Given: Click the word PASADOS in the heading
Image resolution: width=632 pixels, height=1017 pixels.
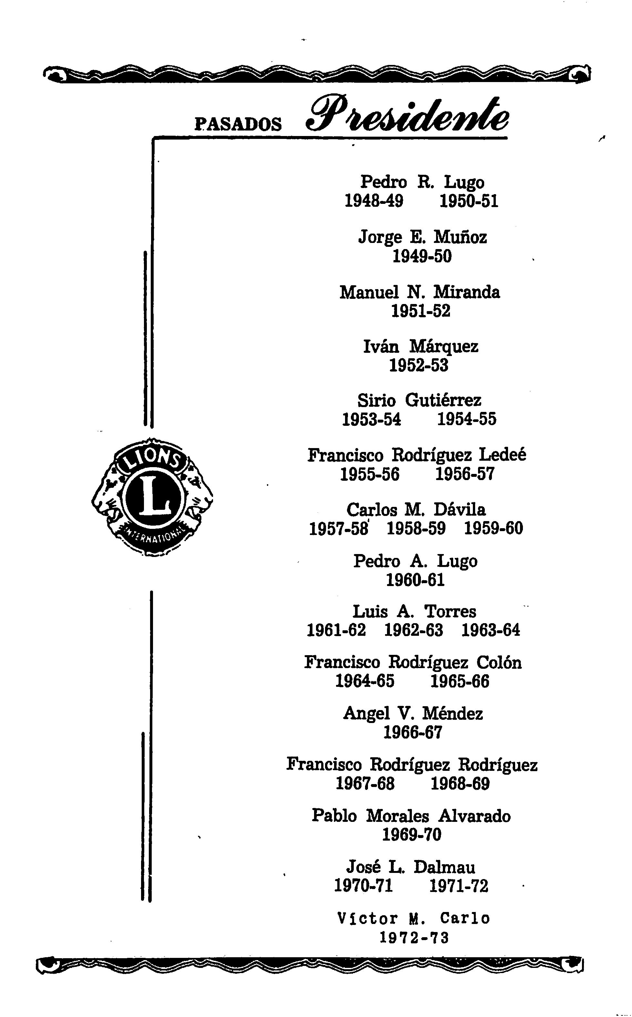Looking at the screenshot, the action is tap(238, 124).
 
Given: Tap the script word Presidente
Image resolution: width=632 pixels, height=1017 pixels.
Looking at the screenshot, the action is tap(408, 115).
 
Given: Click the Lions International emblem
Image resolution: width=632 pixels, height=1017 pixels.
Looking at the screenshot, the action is tap(152, 498).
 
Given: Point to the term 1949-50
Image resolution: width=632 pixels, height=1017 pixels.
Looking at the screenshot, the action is tap(422, 256).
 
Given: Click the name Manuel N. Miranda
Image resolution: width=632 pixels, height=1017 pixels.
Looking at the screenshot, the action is tap(420, 292).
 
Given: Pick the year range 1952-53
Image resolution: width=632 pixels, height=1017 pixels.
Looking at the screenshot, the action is tap(419, 365).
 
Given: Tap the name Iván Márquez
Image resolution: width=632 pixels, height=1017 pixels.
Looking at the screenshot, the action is tap(421, 346).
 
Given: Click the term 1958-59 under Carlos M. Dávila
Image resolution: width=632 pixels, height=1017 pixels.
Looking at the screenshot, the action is tap(416, 529).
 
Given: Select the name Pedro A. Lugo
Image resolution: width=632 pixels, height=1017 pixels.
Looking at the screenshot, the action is tap(415, 561).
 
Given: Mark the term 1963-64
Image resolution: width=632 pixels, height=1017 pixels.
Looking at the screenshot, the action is tap(491, 630).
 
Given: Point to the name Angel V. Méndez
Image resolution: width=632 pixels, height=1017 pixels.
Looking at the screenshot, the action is tap(413, 714).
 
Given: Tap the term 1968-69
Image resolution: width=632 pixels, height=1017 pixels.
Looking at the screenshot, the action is tap(460, 784).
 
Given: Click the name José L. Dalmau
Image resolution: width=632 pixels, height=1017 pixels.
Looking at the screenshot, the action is tap(411, 867).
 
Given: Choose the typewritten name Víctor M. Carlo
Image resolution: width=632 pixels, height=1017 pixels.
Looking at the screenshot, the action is tap(413, 918).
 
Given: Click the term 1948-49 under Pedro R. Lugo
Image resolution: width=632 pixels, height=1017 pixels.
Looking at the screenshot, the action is tap(374, 201).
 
